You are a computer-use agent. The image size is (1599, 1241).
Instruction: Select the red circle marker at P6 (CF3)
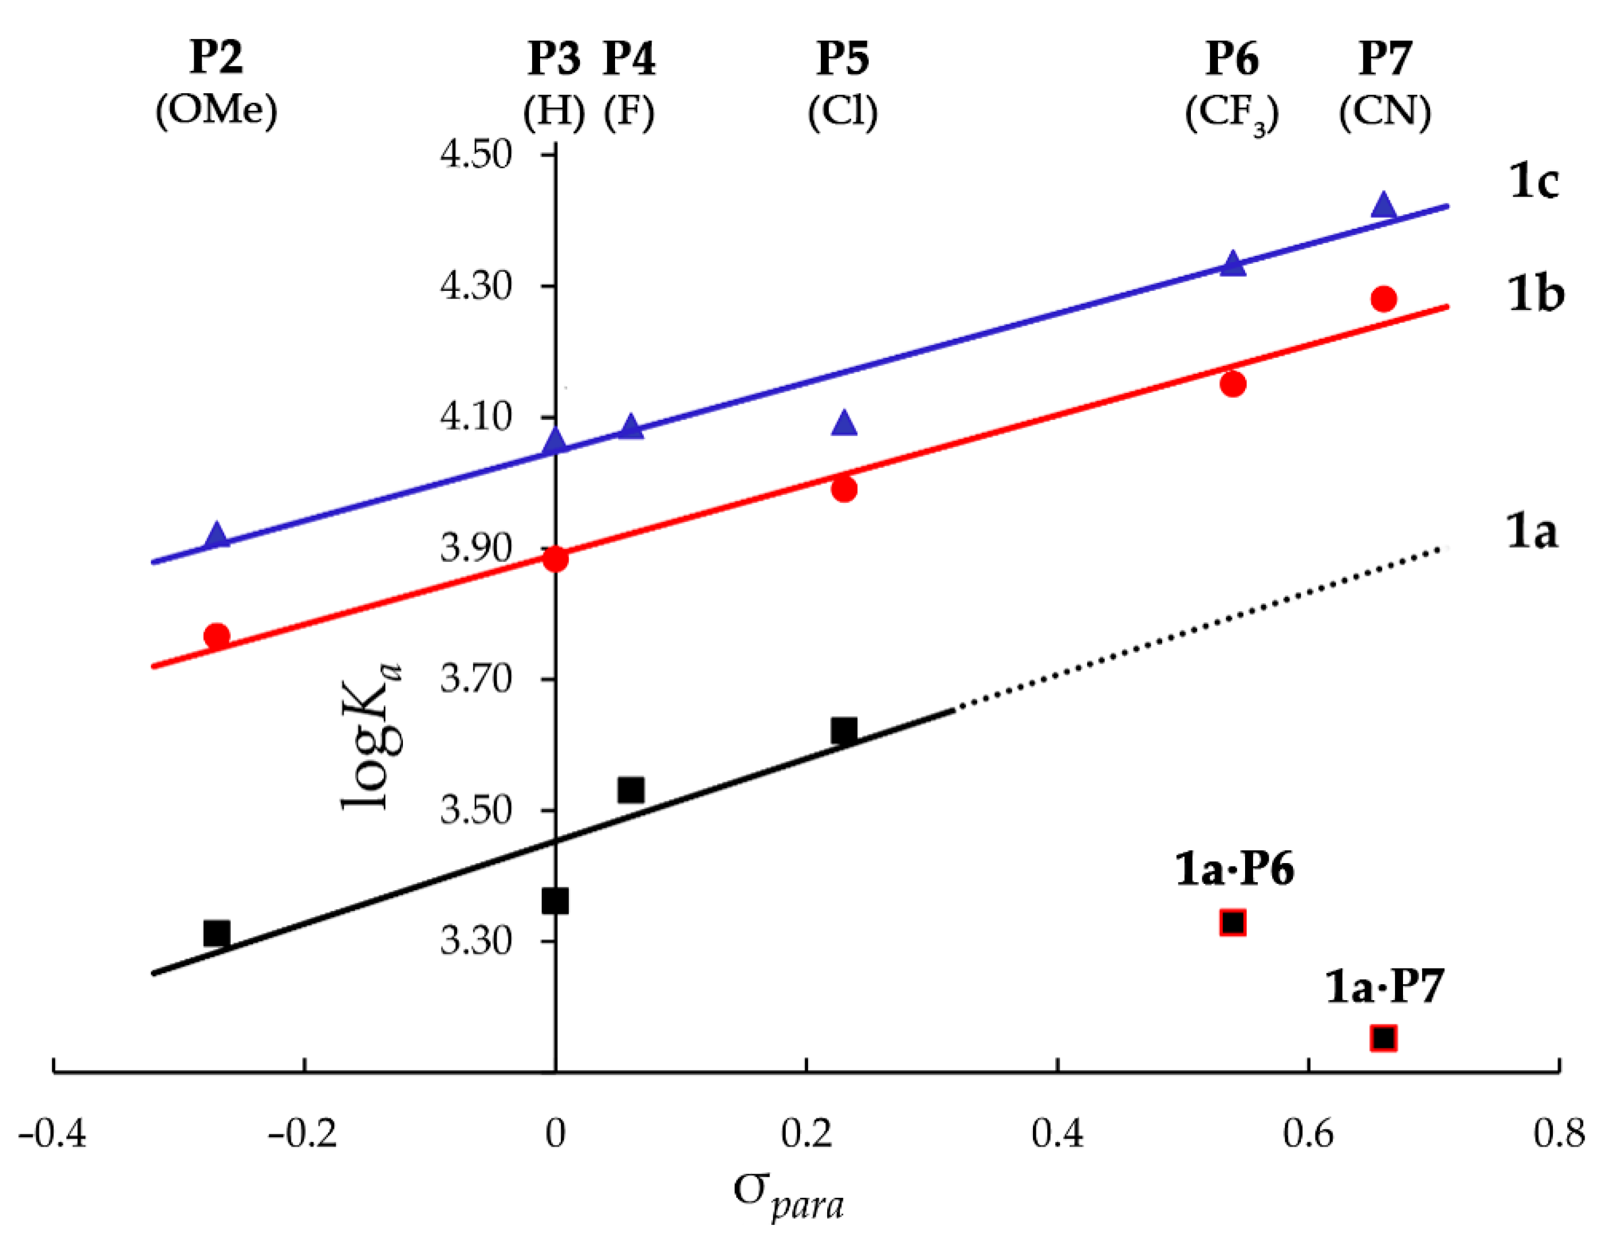tap(1233, 384)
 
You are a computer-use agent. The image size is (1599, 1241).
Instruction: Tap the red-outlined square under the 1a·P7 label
tap(1383, 1038)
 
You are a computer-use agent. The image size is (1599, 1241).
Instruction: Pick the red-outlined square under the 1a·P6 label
tap(1233, 923)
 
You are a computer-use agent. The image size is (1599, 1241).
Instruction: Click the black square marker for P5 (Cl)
tap(844, 731)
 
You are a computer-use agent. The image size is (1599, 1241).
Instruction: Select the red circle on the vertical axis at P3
tap(555, 559)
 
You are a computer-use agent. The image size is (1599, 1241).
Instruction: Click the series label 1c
tap(1534, 181)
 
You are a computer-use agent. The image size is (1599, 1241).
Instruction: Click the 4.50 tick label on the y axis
tap(475, 154)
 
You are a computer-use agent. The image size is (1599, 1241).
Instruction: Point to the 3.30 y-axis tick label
tap(475, 940)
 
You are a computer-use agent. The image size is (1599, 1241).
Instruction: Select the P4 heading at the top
tap(629, 59)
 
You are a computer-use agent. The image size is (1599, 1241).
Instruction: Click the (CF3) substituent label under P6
tap(1232, 113)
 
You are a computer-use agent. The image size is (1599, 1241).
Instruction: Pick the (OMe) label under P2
tap(217, 111)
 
